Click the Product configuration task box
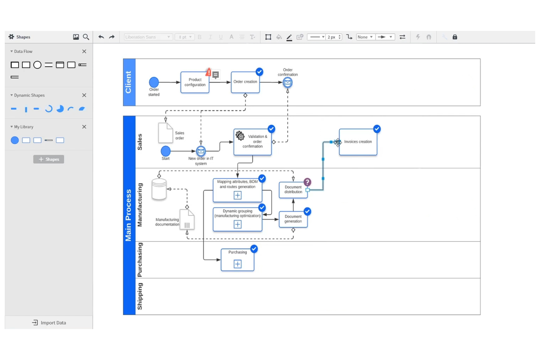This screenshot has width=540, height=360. pyautogui.click(x=194, y=82)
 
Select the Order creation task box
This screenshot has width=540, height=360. pyautogui.click(x=245, y=82)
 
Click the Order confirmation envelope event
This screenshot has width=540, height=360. pyautogui.click(x=288, y=82)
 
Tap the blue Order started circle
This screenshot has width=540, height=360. pyautogui.click(x=154, y=82)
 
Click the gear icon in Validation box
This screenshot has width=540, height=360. pyautogui.click(x=240, y=136)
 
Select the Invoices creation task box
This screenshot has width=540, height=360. pyautogui.click(x=358, y=142)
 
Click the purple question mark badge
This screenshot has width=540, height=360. pyautogui.click(x=307, y=182)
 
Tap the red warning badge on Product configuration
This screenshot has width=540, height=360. pyautogui.click(x=208, y=72)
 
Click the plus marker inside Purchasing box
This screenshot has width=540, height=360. pyautogui.click(x=238, y=264)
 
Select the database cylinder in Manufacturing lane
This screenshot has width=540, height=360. pyautogui.click(x=159, y=189)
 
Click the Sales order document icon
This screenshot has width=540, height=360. pyautogui.click(x=165, y=133)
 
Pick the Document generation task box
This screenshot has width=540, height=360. pyautogui.click(x=293, y=219)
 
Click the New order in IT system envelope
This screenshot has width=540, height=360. pyautogui.click(x=201, y=151)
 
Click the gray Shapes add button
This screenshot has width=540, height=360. pyautogui.click(x=49, y=159)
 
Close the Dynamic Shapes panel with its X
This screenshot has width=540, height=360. pyautogui.click(x=84, y=95)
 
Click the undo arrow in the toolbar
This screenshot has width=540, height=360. pyautogui.click(x=101, y=37)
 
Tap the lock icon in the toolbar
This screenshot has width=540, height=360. pyautogui.click(x=455, y=37)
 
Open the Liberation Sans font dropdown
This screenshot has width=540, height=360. pyautogui.click(x=147, y=37)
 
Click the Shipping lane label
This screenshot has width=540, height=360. pyautogui.click(x=140, y=296)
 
